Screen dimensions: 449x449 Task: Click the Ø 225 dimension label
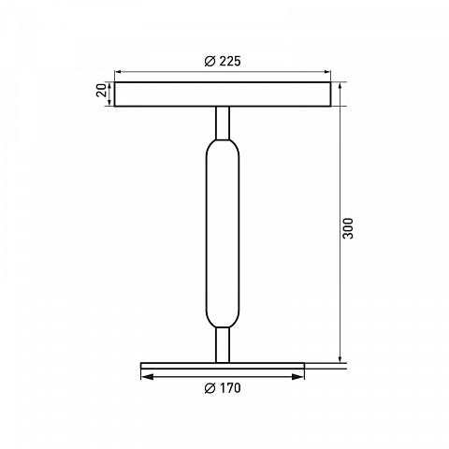[x=223, y=61]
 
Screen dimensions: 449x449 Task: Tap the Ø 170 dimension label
[x=223, y=388]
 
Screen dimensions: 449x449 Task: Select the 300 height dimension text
[x=348, y=228]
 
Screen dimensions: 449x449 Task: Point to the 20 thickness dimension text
[x=101, y=91]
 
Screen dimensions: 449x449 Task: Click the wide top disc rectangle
[x=223, y=94]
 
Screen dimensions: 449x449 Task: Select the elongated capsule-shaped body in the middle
[x=223, y=233]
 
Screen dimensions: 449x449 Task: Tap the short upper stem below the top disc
[x=223, y=123]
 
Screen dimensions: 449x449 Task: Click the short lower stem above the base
[x=223, y=345]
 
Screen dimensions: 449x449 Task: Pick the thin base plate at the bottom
[x=223, y=366]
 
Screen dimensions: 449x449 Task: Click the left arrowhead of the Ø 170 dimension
[x=147, y=377]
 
